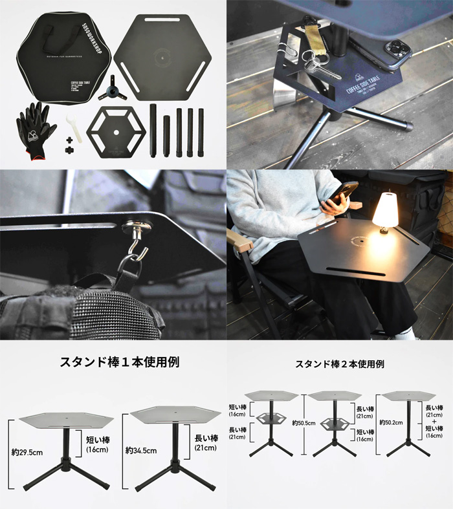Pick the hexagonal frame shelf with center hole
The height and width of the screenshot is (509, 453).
116,132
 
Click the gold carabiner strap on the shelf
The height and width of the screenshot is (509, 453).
318,45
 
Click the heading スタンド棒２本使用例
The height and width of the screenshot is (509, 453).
339,364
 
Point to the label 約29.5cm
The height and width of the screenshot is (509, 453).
28,452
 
